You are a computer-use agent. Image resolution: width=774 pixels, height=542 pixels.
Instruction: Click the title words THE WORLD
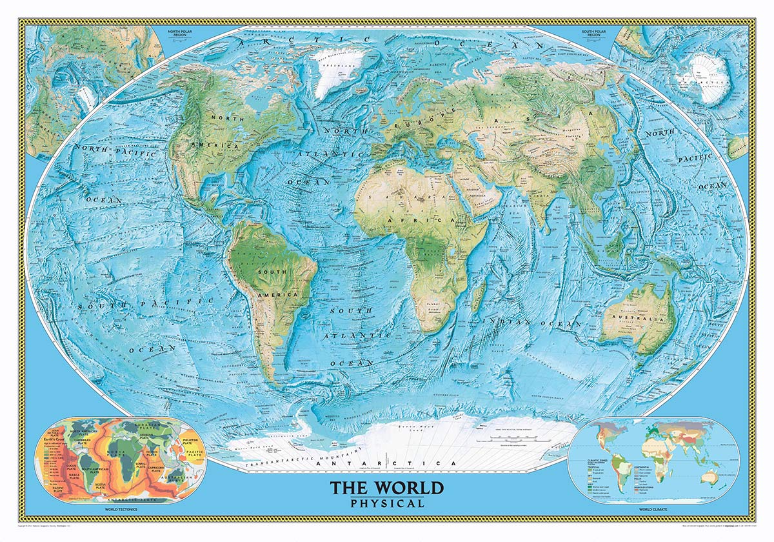387,487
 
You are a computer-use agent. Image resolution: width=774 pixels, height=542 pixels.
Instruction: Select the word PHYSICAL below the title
387,503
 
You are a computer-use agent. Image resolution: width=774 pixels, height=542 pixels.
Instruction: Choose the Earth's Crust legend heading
54,440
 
